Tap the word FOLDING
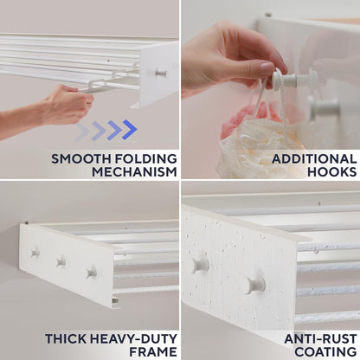(x=146, y=159)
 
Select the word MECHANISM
(x=134, y=172)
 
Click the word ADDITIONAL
(x=314, y=159)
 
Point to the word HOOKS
(x=332, y=172)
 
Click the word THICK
(x=66, y=339)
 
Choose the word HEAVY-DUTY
(x=133, y=339)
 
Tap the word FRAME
(x=153, y=352)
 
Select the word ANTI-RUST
(x=320, y=339)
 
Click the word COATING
(x=325, y=352)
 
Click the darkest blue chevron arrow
(x=129, y=130)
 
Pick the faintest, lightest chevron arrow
(x=82, y=132)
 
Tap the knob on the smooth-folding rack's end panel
(x=161, y=73)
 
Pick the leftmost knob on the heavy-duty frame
(x=35, y=253)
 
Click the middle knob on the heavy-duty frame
(x=61, y=261)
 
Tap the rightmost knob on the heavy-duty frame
(x=91, y=273)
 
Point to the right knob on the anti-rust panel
(x=255, y=285)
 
